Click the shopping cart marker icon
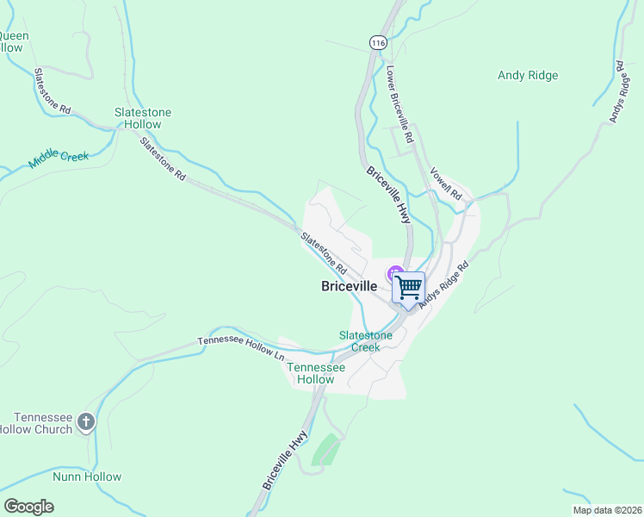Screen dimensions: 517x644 (x=409, y=287)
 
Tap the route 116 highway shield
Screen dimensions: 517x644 (x=377, y=41)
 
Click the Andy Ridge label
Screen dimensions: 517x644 (x=528, y=76)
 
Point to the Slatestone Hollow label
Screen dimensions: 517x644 (x=143, y=118)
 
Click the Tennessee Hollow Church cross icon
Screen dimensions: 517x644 (x=85, y=421)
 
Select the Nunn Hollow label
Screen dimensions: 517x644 (x=87, y=477)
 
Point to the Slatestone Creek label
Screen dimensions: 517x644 (x=365, y=341)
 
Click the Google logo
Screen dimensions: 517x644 (x=28, y=507)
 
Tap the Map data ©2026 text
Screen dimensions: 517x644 (x=606, y=510)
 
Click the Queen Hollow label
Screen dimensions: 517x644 (x=13, y=41)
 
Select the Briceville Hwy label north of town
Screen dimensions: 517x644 (x=388, y=195)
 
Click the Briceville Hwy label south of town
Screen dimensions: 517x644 (x=285, y=461)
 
